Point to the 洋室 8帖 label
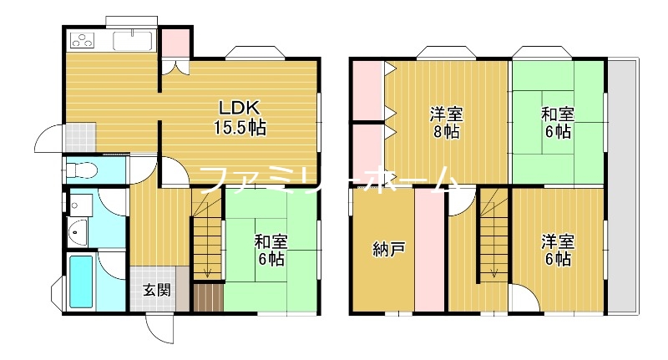pos(447,123)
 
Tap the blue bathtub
pos(81,281)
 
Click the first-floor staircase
pos(206,238)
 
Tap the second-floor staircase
pos(493,234)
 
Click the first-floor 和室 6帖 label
pos(270,250)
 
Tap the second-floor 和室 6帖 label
pos(555,123)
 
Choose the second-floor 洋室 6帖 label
pos(556,250)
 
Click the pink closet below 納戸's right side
pos(430,251)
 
